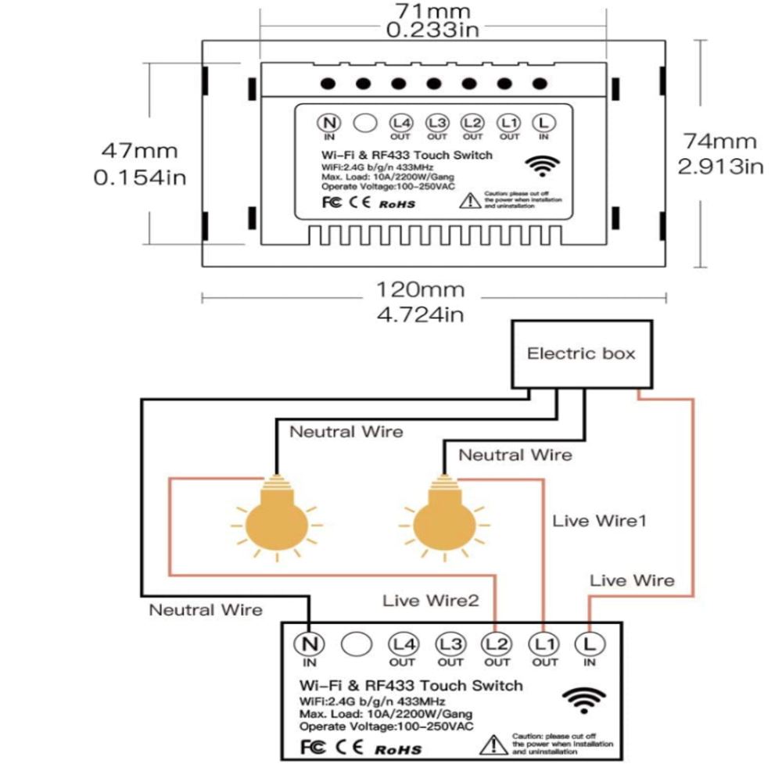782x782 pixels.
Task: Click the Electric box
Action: point(581,353)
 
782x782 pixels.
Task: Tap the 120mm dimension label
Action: point(421,290)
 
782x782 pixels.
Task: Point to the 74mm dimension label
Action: point(719,142)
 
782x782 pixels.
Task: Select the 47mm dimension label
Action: point(141,150)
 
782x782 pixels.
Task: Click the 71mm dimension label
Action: point(432,11)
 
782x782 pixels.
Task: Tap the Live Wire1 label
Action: point(600,520)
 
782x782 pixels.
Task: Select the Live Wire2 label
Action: point(430,601)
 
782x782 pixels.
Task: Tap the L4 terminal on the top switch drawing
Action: point(400,123)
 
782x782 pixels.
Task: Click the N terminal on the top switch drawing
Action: point(329,123)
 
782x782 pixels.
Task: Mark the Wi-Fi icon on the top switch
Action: point(542,165)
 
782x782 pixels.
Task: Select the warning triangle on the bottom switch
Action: point(494,744)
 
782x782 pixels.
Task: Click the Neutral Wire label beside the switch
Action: point(206,609)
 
